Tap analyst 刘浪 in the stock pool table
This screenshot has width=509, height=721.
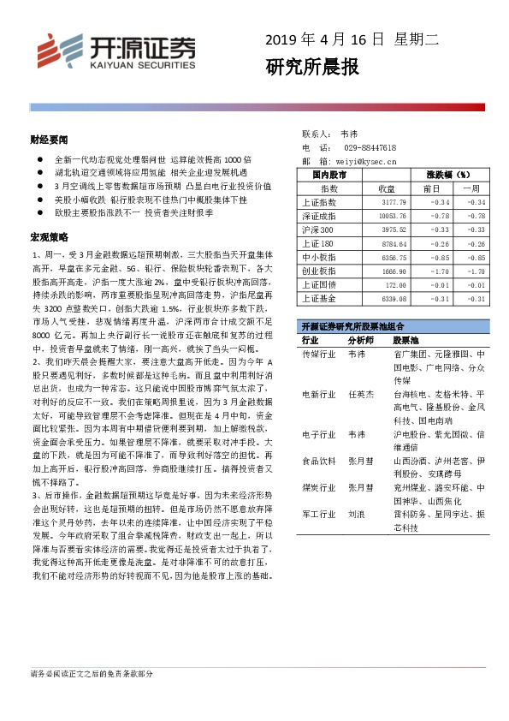pyautogui.click(x=356, y=515)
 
